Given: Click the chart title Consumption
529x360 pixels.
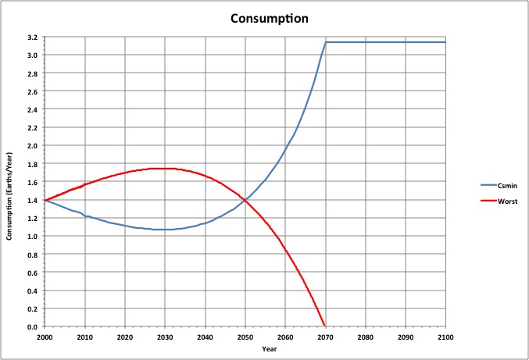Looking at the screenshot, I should coord(263,17).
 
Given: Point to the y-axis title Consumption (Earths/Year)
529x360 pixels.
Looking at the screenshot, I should coord(10,181).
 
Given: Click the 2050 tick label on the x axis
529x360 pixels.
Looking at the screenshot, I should coord(245,337).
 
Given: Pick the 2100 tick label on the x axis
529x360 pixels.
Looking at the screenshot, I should coord(445,337).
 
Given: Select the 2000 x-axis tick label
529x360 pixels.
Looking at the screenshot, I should coord(45,337).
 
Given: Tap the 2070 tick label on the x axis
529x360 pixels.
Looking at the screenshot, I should coord(325,337).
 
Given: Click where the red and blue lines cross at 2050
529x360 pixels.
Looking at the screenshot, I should coord(245,201).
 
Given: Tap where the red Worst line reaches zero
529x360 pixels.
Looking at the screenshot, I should coord(325,326).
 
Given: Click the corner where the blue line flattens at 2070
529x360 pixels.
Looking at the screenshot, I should coord(326,42).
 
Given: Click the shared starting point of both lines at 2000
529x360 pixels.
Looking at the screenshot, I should coord(45,201).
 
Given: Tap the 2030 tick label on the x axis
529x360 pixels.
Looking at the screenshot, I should coord(165,337).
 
